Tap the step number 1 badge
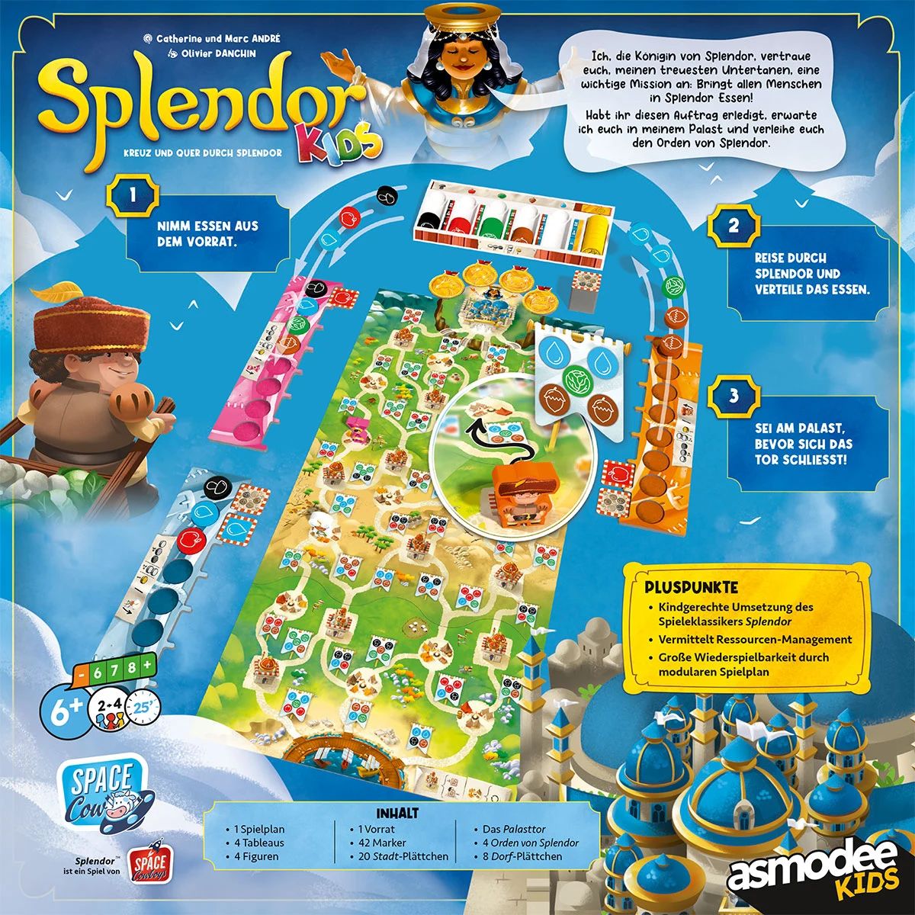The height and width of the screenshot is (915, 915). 133,195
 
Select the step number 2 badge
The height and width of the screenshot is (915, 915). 734,226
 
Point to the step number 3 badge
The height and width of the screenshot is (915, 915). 734,396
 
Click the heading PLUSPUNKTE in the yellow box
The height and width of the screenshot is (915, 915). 691,588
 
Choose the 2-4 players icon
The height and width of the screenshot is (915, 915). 107,706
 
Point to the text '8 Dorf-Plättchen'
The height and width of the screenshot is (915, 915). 522,856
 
